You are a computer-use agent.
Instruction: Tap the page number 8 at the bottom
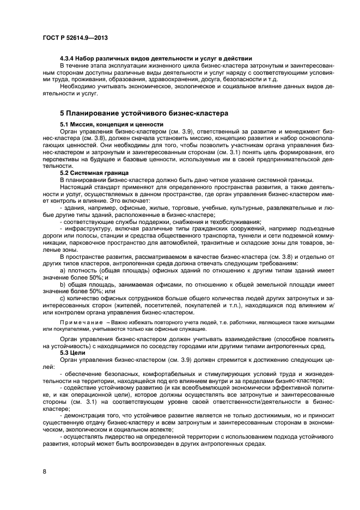coord(44,471)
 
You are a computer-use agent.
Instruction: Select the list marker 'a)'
coord(63,270)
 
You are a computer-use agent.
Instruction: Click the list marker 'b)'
coord(63,284)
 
